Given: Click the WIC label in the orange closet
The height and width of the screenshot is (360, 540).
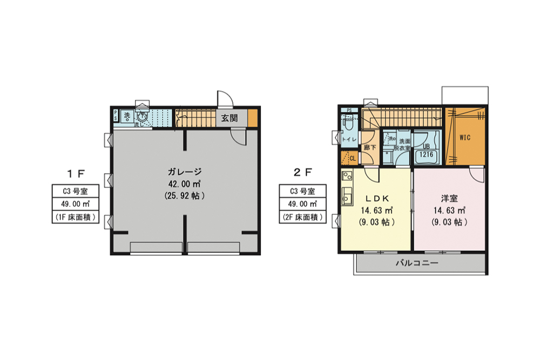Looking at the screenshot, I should (465, 138).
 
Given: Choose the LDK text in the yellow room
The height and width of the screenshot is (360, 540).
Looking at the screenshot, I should (375, 198).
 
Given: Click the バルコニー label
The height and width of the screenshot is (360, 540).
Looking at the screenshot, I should (416, 264).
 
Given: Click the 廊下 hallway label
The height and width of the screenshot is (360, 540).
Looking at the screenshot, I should (370, 147).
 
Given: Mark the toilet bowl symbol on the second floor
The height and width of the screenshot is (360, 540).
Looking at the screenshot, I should (347, 125).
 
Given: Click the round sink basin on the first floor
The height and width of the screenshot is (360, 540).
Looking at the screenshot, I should (143, 116).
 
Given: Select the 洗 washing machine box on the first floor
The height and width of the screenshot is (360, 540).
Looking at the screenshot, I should (127, 115).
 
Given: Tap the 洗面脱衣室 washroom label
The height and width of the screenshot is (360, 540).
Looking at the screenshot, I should (403, 143).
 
